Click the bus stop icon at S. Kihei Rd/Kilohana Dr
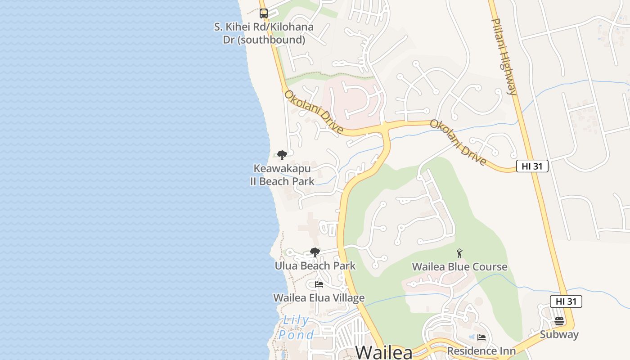264,13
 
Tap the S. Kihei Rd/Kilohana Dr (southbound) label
264,33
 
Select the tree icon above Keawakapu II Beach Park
282,156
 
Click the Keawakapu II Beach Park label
282,175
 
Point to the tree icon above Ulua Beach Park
315,252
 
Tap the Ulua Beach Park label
315,266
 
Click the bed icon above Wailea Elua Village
319,284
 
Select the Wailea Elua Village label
319,298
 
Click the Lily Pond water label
296,328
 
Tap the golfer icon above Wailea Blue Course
459,254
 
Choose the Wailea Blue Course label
459,267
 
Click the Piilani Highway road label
504,57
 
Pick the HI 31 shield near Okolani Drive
532,166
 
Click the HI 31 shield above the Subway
566,301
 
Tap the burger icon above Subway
559,321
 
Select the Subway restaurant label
559,335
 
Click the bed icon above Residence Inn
481,337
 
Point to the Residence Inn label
481,351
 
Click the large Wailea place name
384,352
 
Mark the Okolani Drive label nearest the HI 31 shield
458,142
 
